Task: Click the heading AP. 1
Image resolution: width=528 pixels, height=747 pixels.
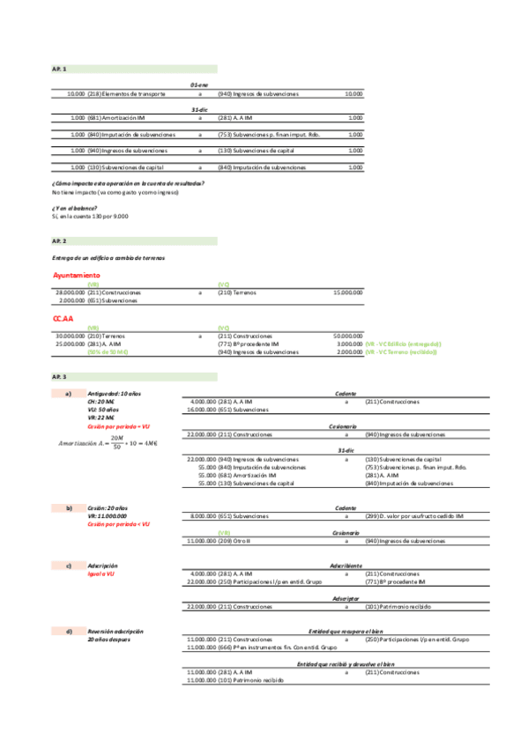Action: point(59,69)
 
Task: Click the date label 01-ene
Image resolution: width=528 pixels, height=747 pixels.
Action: point(199,84)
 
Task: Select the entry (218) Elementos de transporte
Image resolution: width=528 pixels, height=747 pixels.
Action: point(127,93)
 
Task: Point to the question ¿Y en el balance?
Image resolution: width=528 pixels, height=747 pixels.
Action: point(75,207)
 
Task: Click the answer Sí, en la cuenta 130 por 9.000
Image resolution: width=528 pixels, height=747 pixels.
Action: point(90,216)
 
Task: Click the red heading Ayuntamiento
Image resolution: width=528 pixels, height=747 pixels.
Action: point(77,276)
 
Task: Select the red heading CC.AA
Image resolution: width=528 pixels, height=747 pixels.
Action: point(63,317)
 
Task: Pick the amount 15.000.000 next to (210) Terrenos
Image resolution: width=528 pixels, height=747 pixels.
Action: point(347,292)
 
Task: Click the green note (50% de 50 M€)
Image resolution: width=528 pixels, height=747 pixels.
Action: point(108,351)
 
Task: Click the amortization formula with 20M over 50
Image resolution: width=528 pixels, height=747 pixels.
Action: point(105,440)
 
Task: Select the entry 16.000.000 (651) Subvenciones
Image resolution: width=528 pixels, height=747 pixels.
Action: point(229,410)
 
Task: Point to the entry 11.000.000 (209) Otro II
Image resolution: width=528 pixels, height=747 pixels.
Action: point(220,541)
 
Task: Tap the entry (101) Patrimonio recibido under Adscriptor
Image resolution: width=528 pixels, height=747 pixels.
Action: point(398,607)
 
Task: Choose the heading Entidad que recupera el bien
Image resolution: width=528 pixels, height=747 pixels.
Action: point(346,632)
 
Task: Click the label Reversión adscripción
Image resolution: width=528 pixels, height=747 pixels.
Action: point(115,632)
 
